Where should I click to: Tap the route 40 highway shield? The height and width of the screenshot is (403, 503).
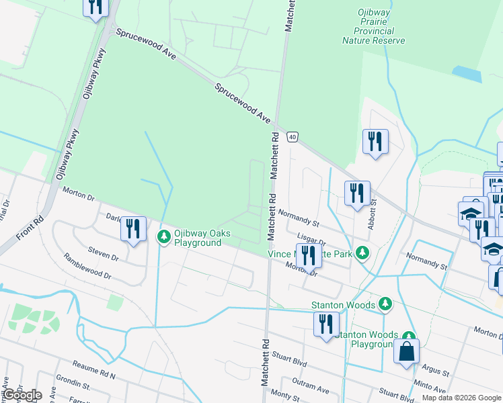click(x=292, y=137)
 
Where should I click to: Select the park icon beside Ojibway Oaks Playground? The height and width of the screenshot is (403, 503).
click(x=163, y=236)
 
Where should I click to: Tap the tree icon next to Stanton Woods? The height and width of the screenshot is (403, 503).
click(x=386, y=305)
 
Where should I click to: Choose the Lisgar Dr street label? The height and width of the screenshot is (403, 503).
click(x=311, y=241)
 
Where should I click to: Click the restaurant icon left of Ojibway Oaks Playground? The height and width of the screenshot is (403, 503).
click(x=133, y=229)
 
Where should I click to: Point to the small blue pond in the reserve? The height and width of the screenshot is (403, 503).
click(x=467, y=74)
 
